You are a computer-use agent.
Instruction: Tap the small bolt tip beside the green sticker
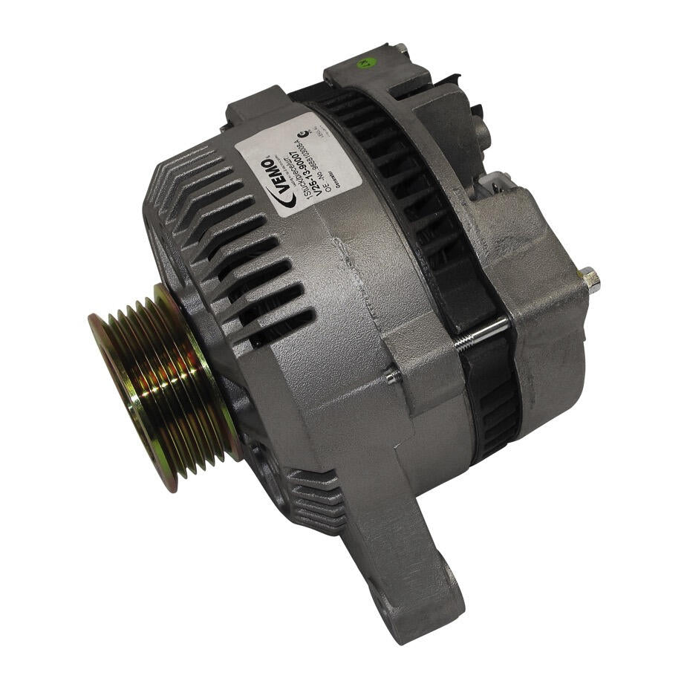pyautogui.click(x=401, y=49)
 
